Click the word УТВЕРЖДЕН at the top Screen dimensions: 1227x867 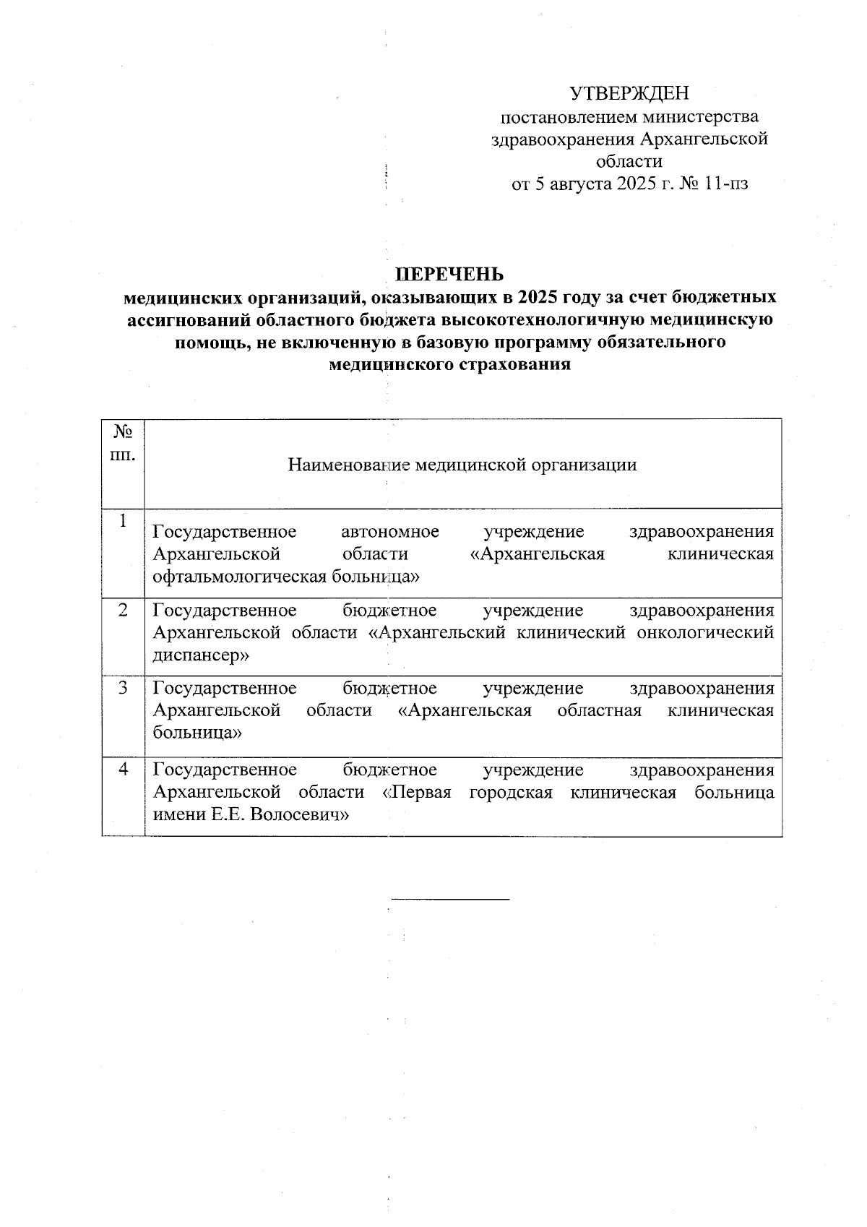(x=629, y=94)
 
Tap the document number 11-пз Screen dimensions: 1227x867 (x=725, y=184)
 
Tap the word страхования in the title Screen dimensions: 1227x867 (x=514, y=364)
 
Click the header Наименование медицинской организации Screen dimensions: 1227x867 (x=462, y=465)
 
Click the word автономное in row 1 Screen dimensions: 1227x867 (x=389, y=533)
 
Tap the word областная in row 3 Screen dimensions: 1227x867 (x=599, y=711)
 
